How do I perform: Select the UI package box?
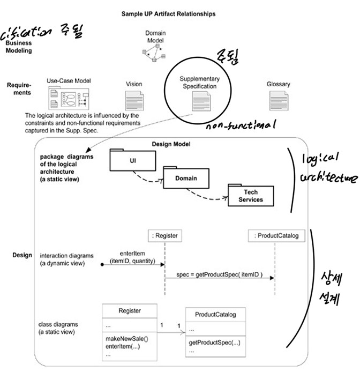pyautogui.click(x=132, y=160)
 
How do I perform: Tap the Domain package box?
pyautogui.click(x=185, y=178)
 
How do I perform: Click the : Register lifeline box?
pyautogui.click(x=165, y=235)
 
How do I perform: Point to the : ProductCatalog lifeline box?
pyautogui.click(x=276, y=235)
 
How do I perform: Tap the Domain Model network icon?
pyautogui.click(x=152, y=53)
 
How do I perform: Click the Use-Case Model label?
pyautogui.click(x=69, y=80)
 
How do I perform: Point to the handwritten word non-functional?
pyautogui.click(x=239, y=126)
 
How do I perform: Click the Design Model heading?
pyautogui.click(x=171, y=144)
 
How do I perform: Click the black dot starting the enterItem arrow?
pyautogui.click(x=102, y=265)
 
